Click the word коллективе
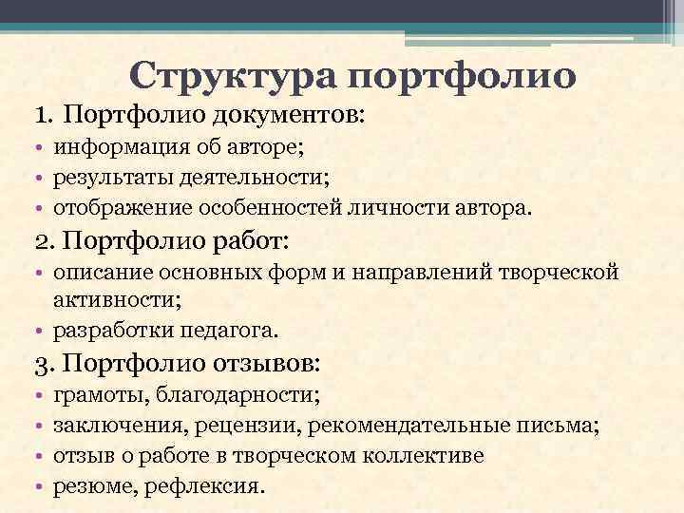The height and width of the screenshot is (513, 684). click(x=425, y=456)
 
